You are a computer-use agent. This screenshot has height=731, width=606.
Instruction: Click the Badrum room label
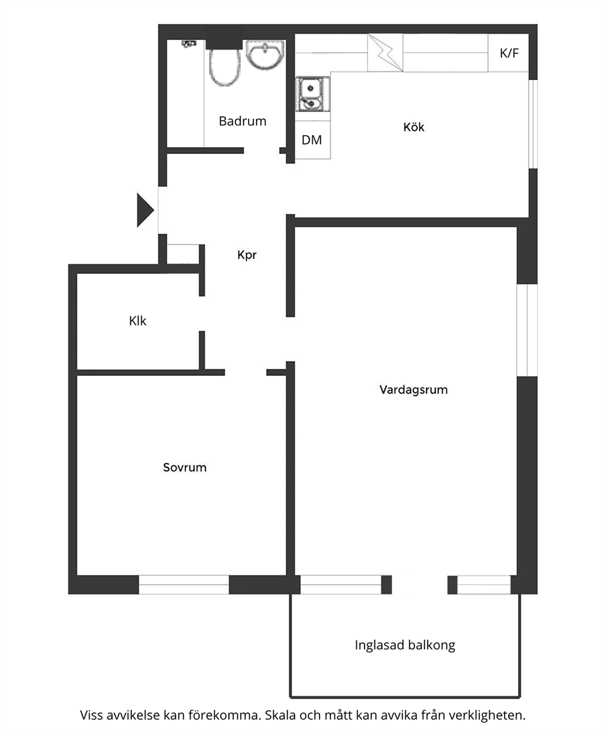tap(242, 121)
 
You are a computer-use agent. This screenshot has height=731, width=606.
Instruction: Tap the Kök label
tap(414, 127)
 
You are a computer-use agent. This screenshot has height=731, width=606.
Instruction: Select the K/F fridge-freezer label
tap(509, 53)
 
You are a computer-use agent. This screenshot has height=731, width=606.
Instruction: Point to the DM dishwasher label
tap(312, 140)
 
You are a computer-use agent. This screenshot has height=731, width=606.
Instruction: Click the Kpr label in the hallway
tap(247, 255)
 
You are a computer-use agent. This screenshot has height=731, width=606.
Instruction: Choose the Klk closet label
tap(137, 321)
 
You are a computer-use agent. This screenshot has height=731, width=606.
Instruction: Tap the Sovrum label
tap(184, 467)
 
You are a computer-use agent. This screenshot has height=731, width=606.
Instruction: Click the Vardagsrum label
tap(414, 390)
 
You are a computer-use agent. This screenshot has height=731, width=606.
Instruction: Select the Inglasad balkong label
tap(405, 645)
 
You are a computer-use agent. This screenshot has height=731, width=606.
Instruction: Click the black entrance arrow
tap(145, 210)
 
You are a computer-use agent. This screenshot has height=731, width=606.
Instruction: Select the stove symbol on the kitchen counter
tap(385, 52)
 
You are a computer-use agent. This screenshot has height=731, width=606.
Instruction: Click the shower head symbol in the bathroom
tap(189, 44)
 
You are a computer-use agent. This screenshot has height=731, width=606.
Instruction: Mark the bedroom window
tap(184, 584)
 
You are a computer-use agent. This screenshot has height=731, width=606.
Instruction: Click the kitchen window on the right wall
tap(533, 124)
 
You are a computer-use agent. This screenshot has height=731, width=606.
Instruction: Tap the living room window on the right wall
tap(527, 329)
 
